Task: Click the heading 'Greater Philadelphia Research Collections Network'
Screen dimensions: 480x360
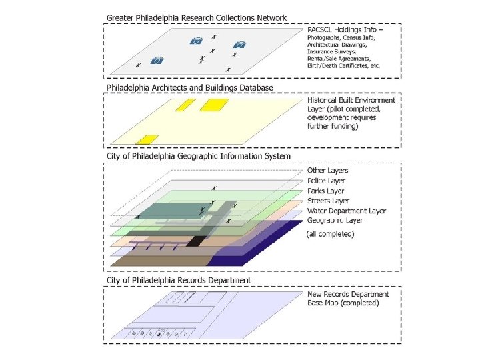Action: tap(197, 17)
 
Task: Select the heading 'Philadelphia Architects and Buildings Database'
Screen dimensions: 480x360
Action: tap(189, 87)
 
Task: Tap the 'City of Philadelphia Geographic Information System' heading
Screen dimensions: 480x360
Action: tap(198, 156)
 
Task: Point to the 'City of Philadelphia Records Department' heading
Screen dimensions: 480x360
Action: tap(179, 281)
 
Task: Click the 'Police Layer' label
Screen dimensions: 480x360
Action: tap(327, 181)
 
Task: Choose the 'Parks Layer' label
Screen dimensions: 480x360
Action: tap(326, 191)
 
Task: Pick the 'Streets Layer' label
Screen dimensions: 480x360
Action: tap(328, 201)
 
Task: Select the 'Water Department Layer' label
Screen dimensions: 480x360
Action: tap(346, 211)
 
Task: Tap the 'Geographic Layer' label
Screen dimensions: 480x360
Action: tap(335, 221)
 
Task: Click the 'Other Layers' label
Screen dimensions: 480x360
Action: tap(327, 171)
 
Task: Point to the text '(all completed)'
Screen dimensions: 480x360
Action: tap(330, 234)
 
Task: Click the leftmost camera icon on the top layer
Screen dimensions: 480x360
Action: tap(157, 61)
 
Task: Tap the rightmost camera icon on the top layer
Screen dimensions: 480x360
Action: tap(240, 45)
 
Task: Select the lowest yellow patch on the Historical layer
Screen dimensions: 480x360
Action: tap(147, 139)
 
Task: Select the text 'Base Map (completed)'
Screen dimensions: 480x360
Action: tap(343, 303)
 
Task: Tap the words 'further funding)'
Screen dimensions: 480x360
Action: tap(332, 127)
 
